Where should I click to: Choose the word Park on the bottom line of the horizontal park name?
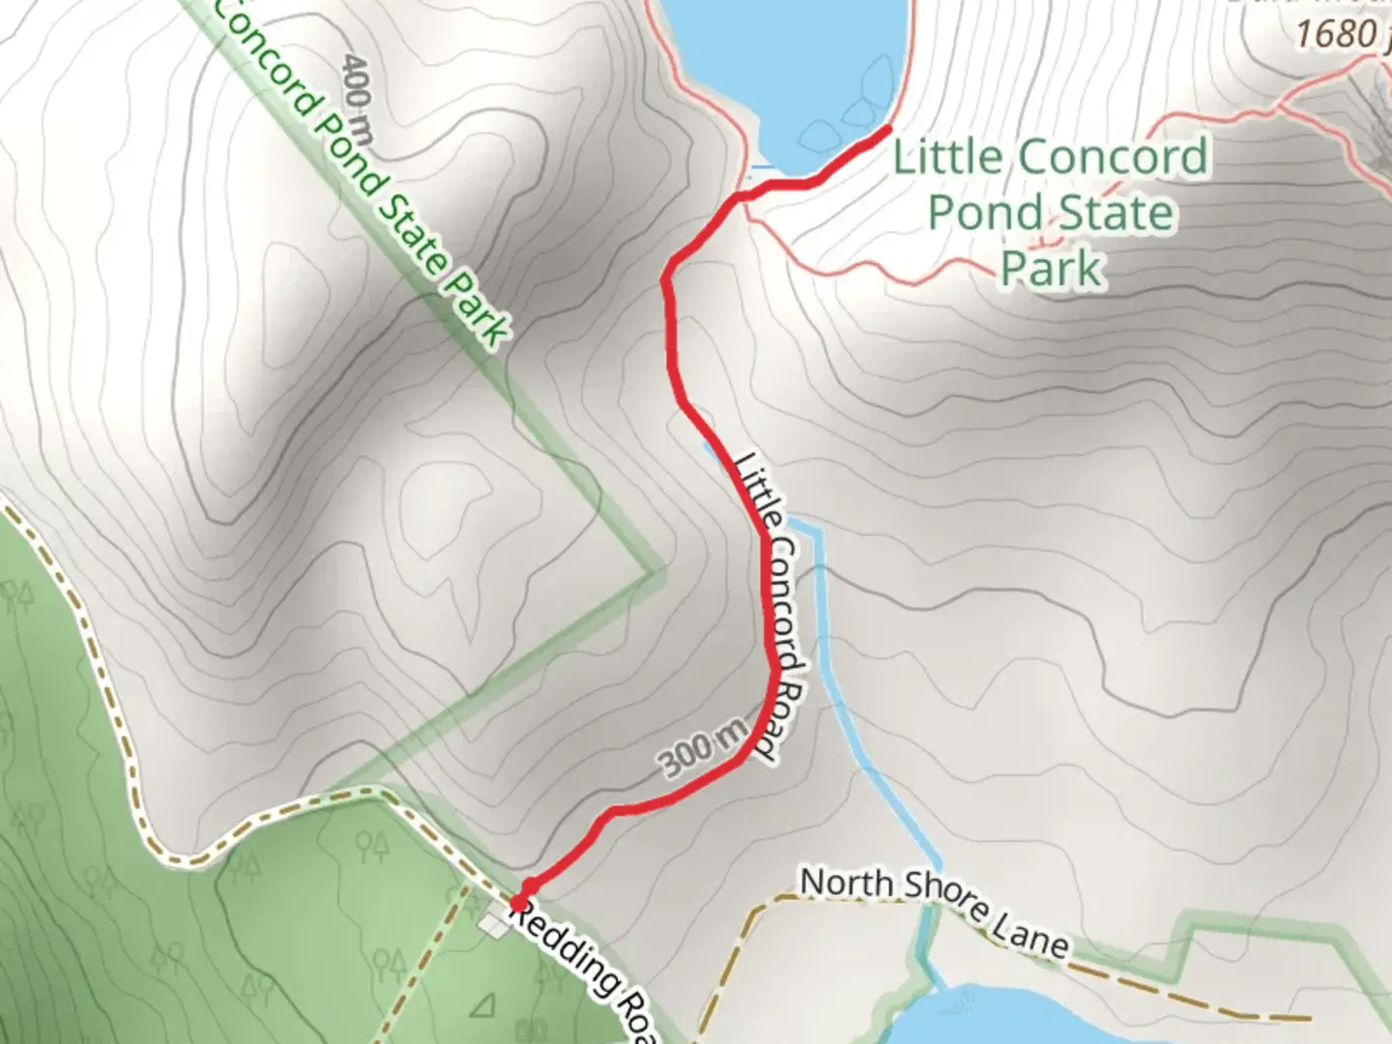(x=1051, y=268)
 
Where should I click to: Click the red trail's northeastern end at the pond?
(x=886, y=130)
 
